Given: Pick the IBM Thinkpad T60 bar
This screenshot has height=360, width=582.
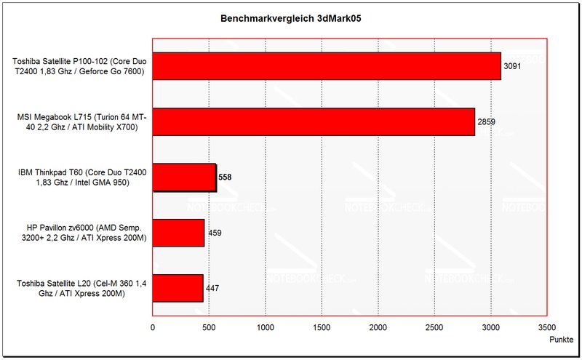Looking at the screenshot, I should tap(184, 177).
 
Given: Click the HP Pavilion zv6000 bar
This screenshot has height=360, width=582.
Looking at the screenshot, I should tap(178, 233).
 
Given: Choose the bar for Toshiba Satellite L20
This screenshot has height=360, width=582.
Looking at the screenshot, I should tap(178, 288).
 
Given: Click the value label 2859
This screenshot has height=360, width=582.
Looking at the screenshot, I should tap(486, 121).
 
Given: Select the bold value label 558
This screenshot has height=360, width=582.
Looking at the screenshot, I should tap(226, 177).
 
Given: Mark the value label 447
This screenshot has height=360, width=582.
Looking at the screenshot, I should tap(212, 289).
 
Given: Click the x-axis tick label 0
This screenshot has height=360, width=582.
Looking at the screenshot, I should tap(152, 328).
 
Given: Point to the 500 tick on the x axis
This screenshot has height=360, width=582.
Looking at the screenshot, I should tap(209, 328).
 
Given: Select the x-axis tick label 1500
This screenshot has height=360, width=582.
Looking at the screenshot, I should tap(322, 328).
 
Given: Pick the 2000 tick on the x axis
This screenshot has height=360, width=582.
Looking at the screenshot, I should tap(378, 328).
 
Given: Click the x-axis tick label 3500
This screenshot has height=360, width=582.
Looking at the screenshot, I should tap(547, 328).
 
